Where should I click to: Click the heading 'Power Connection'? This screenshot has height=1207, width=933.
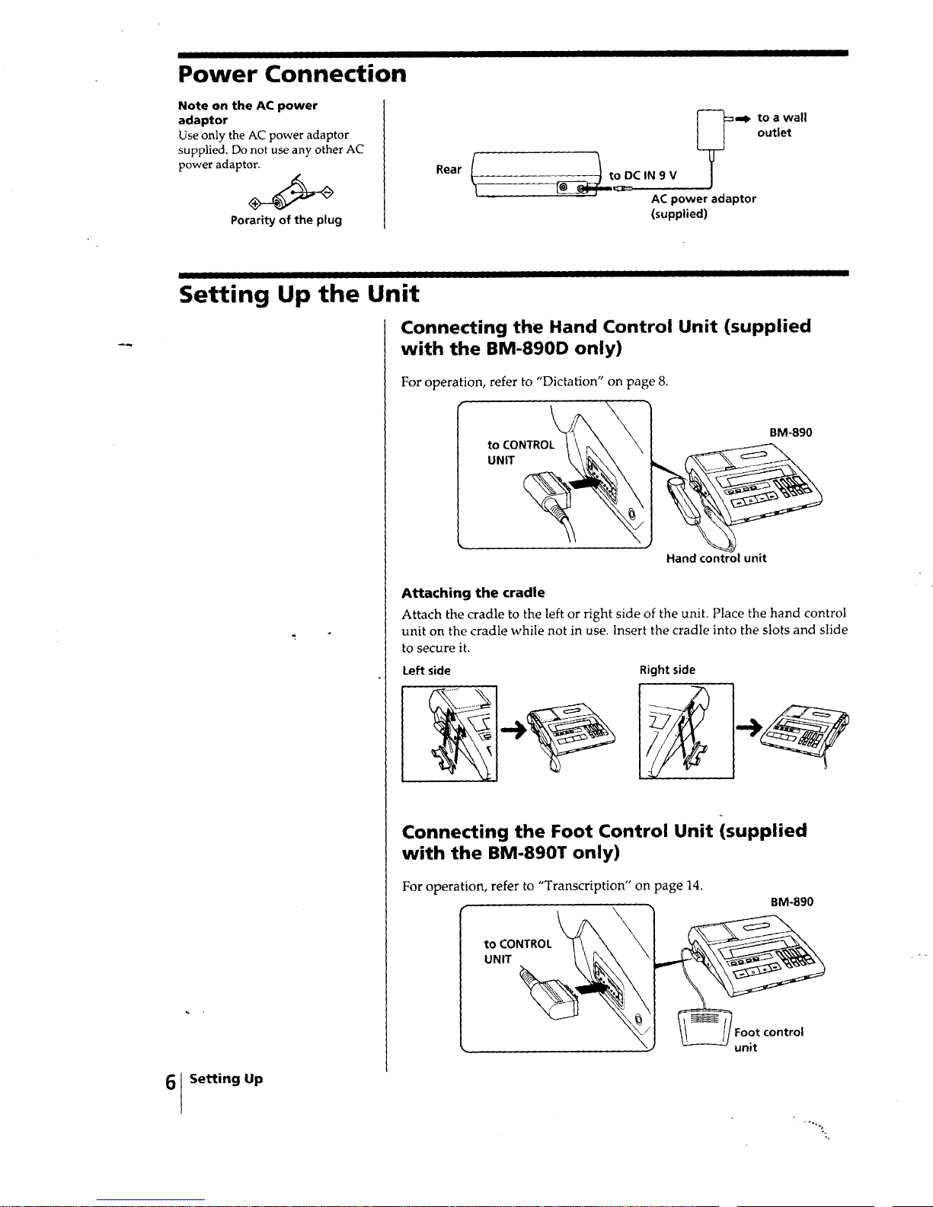click(292, 74)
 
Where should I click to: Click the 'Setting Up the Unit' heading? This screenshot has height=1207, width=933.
click(299, 294)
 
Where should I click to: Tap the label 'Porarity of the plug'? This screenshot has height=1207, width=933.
click(286, 220)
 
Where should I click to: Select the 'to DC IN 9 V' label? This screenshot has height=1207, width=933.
click(643, 175)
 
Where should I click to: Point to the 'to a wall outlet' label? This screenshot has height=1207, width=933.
click(782, 125)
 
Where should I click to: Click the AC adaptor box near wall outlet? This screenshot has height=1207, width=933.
click(711, 130)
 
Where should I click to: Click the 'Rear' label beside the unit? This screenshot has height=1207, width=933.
click(449, 169)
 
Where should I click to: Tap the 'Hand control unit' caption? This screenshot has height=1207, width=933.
click(717, 558)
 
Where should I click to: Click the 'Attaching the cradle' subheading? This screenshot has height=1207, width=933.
click(473, 592)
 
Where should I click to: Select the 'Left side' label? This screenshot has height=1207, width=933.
click(427, 670)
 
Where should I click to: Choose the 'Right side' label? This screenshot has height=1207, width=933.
click(667, 670)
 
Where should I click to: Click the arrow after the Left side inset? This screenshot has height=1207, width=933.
click(513, 730)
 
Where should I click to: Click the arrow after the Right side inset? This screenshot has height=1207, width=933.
click(749, 726)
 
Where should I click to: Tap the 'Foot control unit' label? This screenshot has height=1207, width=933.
click(768, 1039)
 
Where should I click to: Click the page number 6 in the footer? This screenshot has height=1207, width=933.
click(171, 1082)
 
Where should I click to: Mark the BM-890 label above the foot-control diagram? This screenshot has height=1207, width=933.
click(792, 902)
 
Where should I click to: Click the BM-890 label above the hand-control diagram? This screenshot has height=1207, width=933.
click(791, 432)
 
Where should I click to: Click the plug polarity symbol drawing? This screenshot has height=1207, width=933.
click(291, 193)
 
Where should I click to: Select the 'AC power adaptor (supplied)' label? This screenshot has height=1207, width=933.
click(704, 206)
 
